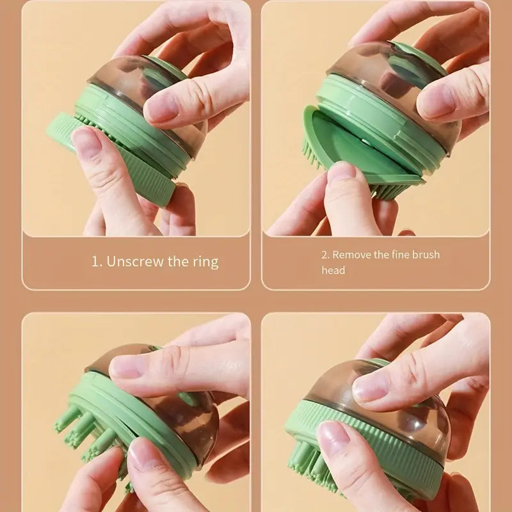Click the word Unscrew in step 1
pyautogui.click(x=135, y=261)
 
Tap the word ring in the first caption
pyautogui.click(x=205, y=262)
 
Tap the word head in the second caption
pyautogui.click(x=333, y=270)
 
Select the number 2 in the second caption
pyautogui.click(x=325, y=255)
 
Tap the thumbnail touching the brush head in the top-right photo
pyautogui.click(x=342, y=170)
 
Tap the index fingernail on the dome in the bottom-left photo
pyautogui.click(x=125, y=366)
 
